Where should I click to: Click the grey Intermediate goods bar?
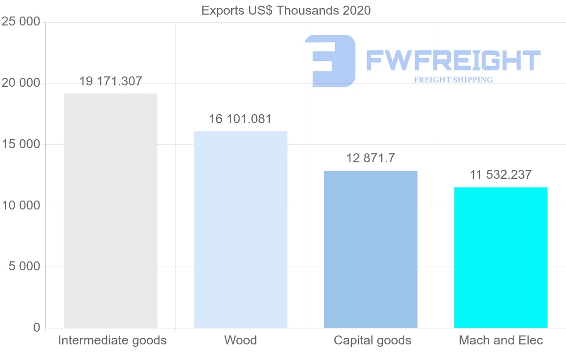click(110, 210)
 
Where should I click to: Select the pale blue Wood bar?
click(241, 229)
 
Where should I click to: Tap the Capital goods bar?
click(371, 249)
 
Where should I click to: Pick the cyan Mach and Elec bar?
click(501, 257)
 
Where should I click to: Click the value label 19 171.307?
click(110, 81)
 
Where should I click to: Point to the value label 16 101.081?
click(241, 119)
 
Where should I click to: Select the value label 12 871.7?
click(371, 158)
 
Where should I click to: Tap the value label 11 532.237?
click(501, 175)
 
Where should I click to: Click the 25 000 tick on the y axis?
click(21, 22)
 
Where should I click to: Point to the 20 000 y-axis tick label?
click(21, 83)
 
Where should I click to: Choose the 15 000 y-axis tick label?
click(21, 144)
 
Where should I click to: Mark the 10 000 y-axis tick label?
click(21, 206)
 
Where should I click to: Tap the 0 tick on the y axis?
click(37, 327)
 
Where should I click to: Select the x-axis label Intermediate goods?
click(112, 340)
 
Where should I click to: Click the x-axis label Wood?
click(241, 340)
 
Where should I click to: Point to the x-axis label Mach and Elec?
click(501, 340)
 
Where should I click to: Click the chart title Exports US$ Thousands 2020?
click(286, 10)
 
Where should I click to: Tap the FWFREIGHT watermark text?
click(453, 60)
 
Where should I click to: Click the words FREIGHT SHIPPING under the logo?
click(453, 80)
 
